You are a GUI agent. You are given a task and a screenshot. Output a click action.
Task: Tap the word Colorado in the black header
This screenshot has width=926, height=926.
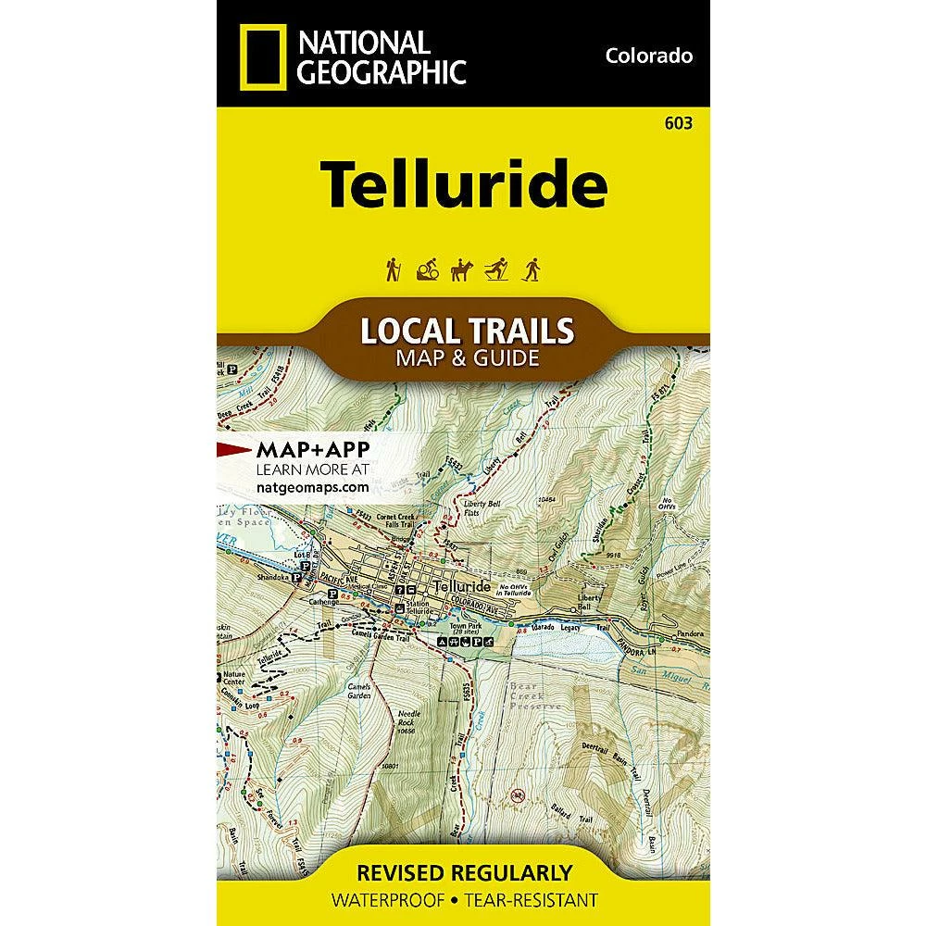pos(649,56)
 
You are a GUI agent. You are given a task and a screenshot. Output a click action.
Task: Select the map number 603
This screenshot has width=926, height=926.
pos(688,122)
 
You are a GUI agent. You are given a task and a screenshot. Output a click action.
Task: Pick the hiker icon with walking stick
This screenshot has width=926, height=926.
pos(393,269)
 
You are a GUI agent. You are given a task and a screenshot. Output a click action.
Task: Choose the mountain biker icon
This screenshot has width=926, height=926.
pos(427,269)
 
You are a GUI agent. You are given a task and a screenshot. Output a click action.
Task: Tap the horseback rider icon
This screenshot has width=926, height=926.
pos(461,269)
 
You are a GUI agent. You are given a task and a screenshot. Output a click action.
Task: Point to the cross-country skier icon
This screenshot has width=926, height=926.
pos(497,269)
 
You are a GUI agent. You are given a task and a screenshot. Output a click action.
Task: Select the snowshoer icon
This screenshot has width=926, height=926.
pos(532,269)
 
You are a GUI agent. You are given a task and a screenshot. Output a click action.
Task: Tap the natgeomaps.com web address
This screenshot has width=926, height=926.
pos(311,485)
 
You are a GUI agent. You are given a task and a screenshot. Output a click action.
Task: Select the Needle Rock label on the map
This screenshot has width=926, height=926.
pos(409,719)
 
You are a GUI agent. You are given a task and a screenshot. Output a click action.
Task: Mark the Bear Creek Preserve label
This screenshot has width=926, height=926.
pos(536,695)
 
